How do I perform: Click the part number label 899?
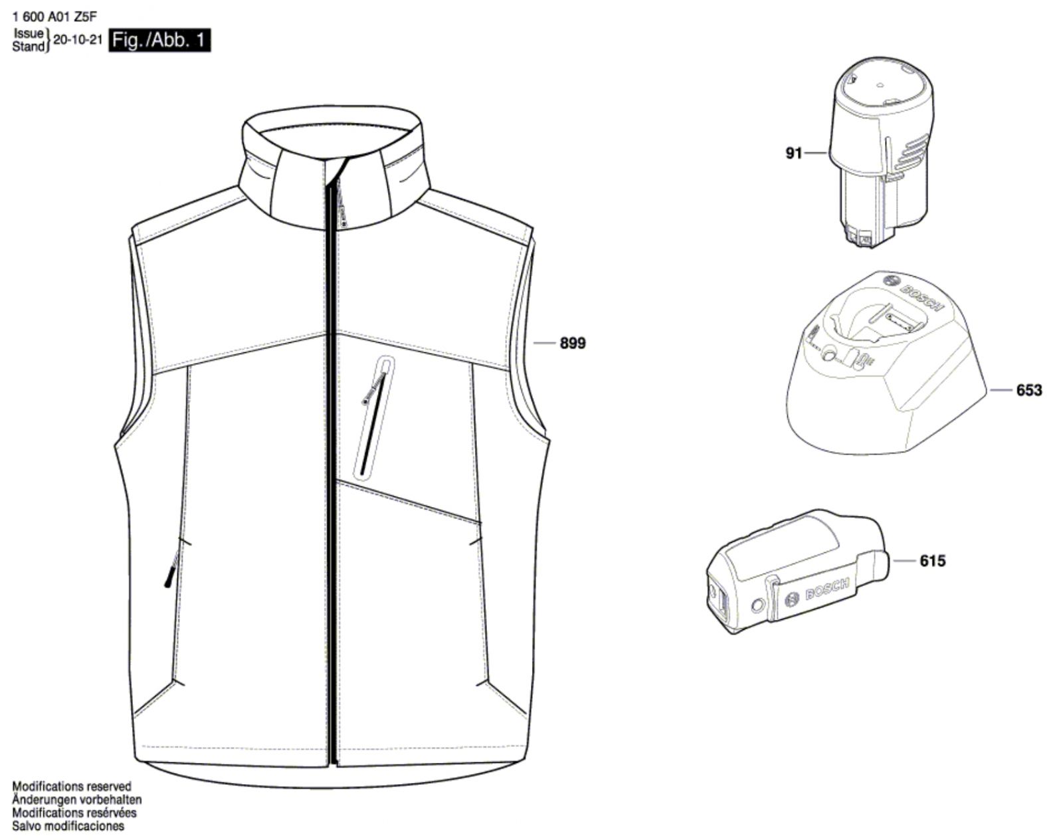573,343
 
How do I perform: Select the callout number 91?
794,154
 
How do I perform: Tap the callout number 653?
1029,390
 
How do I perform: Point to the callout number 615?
933,561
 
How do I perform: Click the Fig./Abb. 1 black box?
159,40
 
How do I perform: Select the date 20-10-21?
78,40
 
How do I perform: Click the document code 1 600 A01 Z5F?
55,17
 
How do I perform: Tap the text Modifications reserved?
72,786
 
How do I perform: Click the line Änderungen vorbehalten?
77,799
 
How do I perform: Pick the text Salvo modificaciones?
68,826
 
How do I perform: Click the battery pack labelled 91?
882,152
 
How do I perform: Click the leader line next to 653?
1001,390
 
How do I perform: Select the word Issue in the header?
29,34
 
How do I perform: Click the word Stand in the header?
28,47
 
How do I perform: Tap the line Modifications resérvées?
74,813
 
